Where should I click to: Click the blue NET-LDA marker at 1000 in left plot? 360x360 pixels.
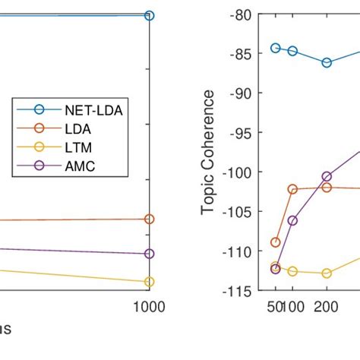click(x=149, y=15)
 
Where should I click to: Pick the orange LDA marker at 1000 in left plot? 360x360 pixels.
click(x=149, y=219)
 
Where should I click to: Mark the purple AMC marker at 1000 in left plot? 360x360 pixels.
click(x=149, y=254)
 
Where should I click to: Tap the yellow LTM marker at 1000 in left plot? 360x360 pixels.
click(x=149, y=282)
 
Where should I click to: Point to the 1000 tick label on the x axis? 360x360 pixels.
click(x=149, y=307)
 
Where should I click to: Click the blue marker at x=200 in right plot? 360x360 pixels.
click(x=327, y=63)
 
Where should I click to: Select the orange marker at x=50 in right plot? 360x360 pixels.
click(x=276, y=242)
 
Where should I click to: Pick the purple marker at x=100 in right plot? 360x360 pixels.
click(x=292, y=220)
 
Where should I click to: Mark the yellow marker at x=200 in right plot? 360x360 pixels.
click(x=327, y=273)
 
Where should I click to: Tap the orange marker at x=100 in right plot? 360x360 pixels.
click(x=292, y=189)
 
